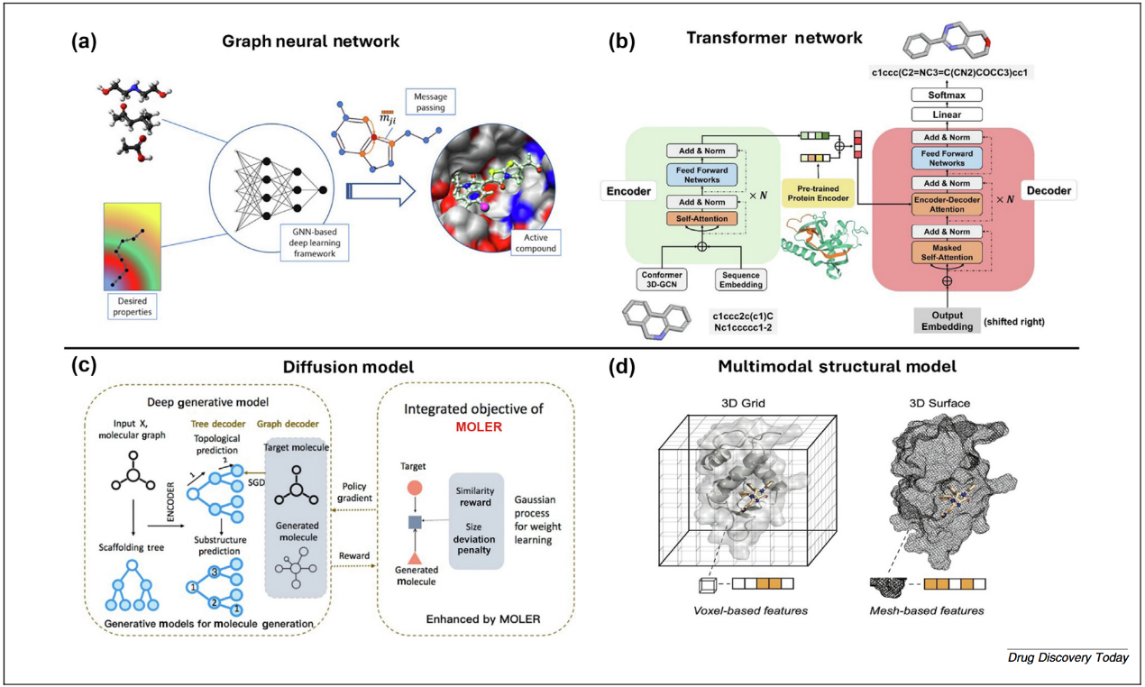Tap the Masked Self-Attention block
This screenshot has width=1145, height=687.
click(947, 252)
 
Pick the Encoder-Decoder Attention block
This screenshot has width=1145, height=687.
click(947, 204)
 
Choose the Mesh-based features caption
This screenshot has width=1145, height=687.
click(939, 610)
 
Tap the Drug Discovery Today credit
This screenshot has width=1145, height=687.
click(1067, 657)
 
